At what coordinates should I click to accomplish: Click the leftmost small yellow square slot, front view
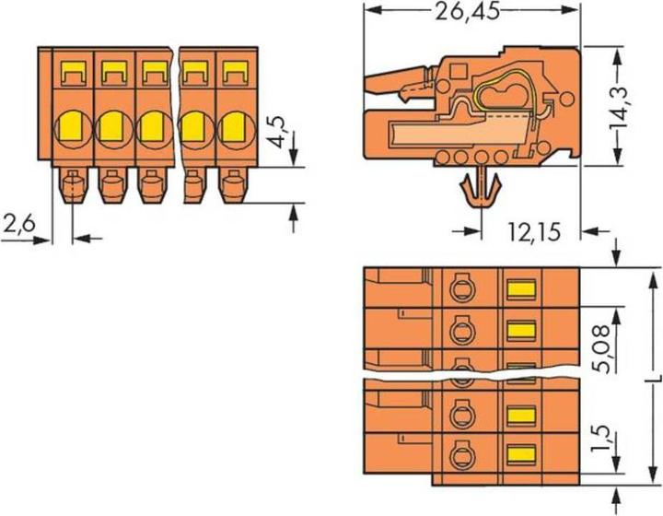click(x=72, y=69)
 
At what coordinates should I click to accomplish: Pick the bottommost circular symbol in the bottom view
click(x=459, y=453)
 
